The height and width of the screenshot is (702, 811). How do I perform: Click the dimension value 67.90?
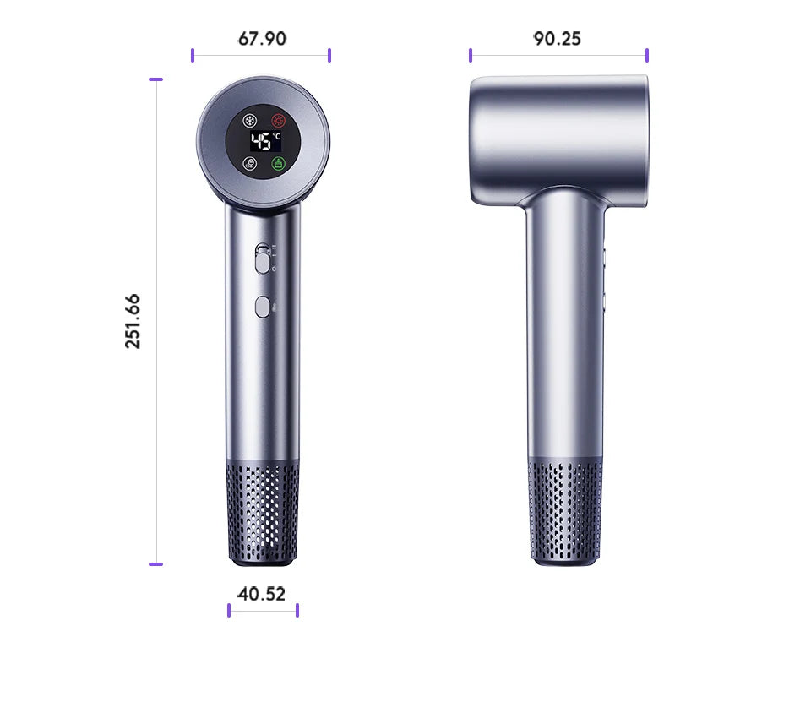point(262,39)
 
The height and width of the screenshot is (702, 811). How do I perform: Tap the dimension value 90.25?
point(557,39)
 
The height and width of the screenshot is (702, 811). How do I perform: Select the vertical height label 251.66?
point(133,321)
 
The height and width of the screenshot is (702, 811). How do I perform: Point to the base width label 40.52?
point(261,594)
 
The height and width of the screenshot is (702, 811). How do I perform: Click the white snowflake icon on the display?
point(249,121)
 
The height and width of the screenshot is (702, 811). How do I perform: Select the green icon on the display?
point(278,164)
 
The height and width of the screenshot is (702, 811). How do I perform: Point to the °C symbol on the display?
point(276,136)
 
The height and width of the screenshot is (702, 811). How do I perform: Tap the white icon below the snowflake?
point(249,164)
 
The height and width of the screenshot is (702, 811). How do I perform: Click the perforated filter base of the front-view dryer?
point(262,511)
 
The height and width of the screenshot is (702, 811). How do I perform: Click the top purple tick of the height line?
point(155,79)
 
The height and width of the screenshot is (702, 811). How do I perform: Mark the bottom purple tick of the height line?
point(155,563)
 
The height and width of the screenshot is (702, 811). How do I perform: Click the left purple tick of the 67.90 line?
point(193,55)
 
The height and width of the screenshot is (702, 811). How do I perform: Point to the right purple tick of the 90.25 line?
point(647,55)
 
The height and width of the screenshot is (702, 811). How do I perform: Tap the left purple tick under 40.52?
point(229,610)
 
